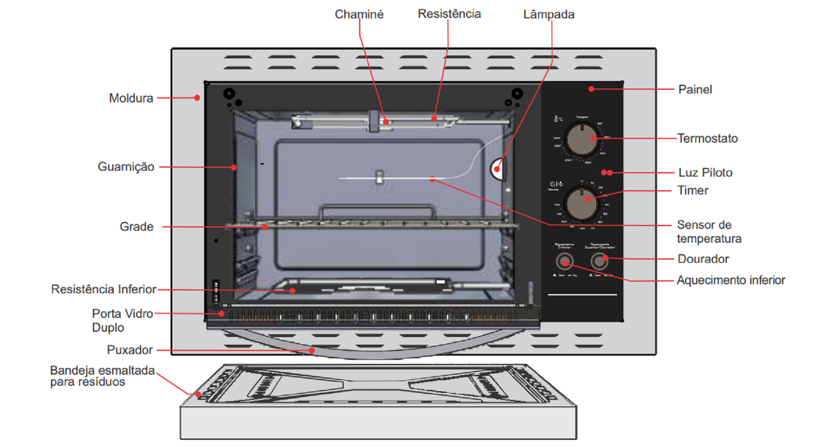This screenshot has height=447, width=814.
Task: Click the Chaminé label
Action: [x=359, y=14]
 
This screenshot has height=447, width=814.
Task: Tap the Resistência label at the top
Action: [x=449, y=14]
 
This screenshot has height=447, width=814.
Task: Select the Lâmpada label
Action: [x=549, y=14]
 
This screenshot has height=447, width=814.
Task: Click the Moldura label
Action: [x=131, y=98]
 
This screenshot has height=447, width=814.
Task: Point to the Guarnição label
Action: [x=126, y=167]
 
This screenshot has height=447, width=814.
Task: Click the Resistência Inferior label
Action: [x=104, y=289]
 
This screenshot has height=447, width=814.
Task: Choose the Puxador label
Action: [x=129, y=350]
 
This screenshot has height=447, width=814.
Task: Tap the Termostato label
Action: [x=707, y=138]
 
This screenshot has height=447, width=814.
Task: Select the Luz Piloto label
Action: [x=705, y=173]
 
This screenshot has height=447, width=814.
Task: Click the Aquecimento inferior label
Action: [x=731, y=280]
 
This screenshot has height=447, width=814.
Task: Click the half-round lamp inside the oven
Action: [x=498, y=169]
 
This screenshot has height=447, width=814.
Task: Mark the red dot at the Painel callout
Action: [x=591, y=89]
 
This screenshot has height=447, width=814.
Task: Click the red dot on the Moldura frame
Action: [x=197, y=98]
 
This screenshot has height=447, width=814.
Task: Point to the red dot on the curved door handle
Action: [x=312, y=350]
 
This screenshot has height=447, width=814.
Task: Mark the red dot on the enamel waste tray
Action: [x=198, y=394]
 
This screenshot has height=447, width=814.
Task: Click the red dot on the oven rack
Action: [x=265, y=227]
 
